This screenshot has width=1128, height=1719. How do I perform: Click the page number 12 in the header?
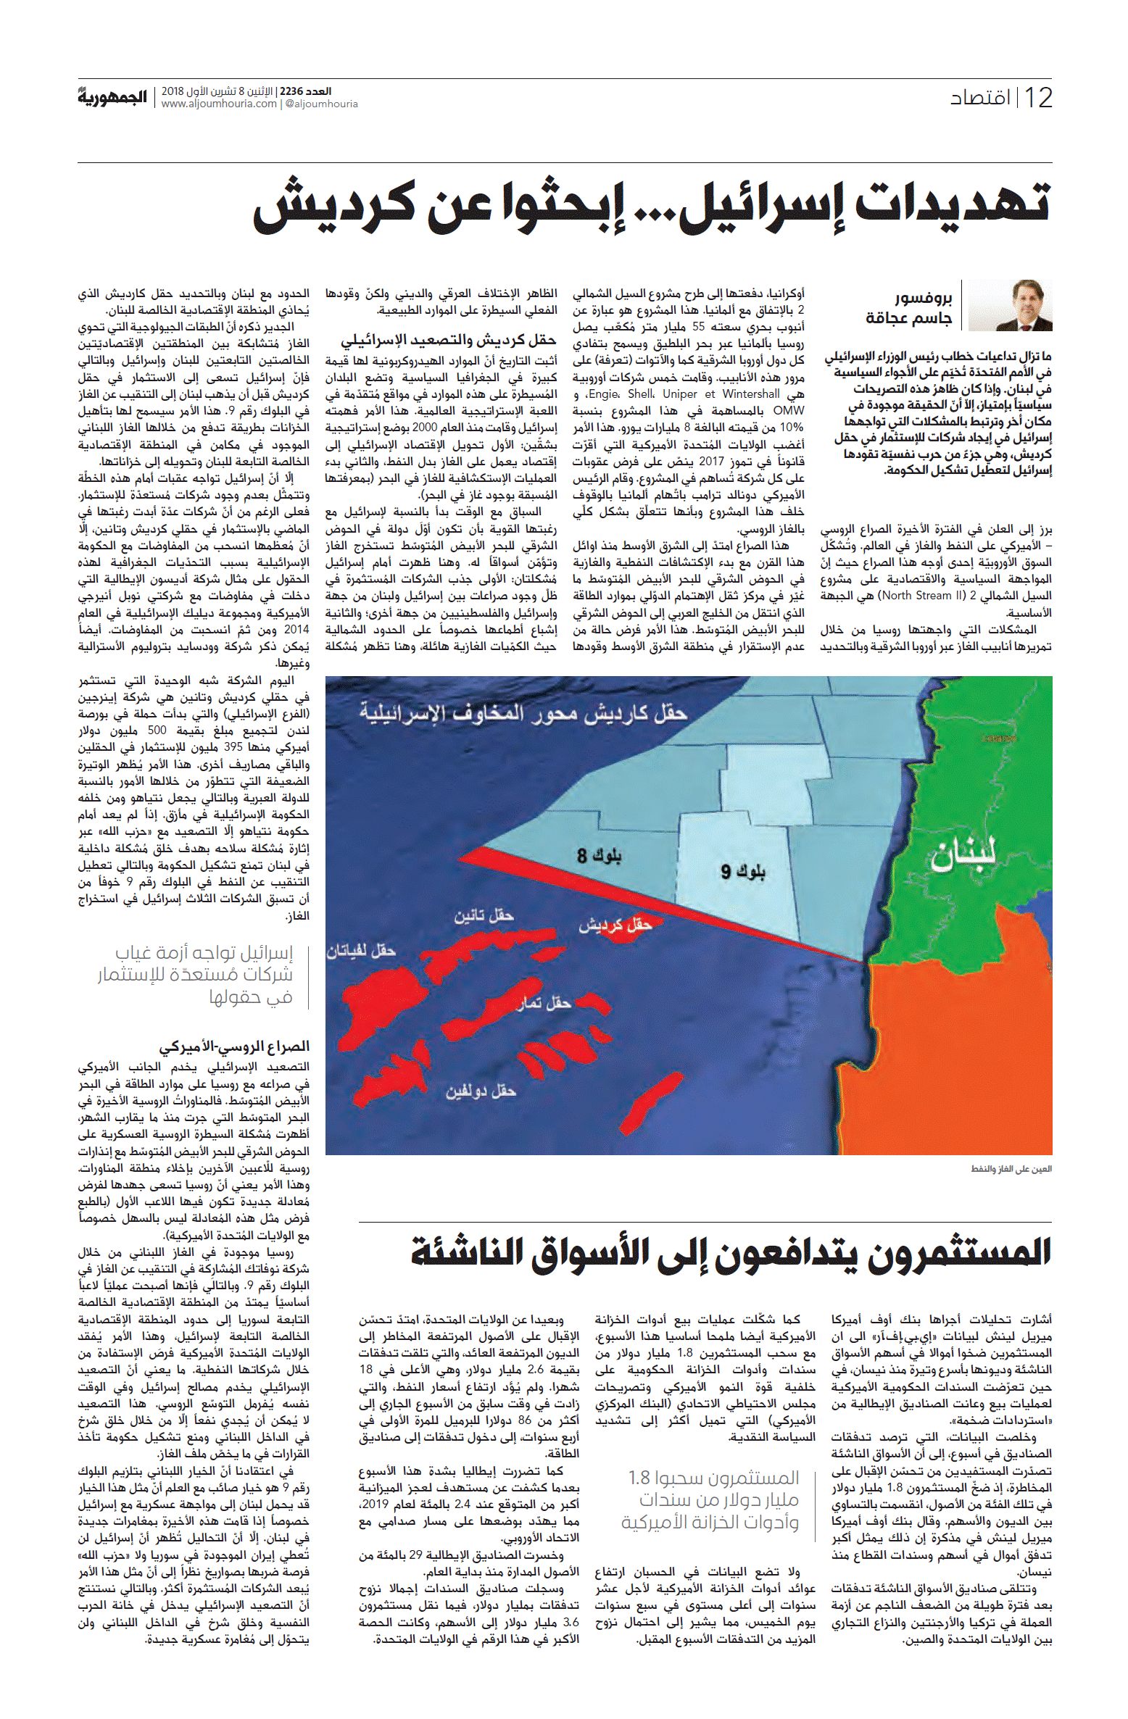(1037, 98)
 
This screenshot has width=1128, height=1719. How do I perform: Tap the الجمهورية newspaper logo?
(112, 97)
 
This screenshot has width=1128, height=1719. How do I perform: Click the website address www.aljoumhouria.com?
(220, 104)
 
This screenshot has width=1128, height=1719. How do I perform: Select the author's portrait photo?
(1011, 305)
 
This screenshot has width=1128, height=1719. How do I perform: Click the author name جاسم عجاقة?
(908, 318)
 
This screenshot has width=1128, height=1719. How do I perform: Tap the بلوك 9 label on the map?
(742, 870)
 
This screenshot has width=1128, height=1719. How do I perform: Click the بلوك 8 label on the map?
(599, 855)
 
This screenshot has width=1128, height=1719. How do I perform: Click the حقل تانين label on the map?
(484, 916)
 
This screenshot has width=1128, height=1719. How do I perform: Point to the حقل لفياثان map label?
(360, 951)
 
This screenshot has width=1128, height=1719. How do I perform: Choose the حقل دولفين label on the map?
(481, 1091)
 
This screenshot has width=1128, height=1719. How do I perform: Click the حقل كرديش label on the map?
(615, 924)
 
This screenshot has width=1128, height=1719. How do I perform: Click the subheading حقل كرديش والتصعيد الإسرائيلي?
(449, 339)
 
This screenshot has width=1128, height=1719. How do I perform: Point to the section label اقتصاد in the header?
(979, 98)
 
